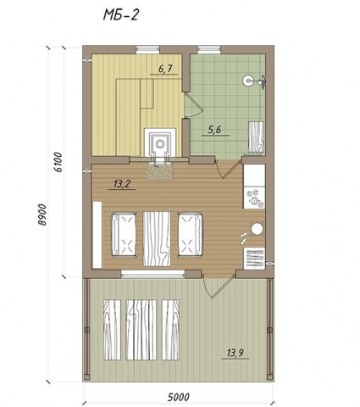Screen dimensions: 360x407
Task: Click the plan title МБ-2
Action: [x=120, y=14]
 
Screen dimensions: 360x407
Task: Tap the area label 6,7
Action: [x=165, y=69]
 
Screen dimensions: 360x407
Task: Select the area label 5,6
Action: [x=214, y=130]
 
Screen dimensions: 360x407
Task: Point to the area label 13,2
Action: [x=122, y=184]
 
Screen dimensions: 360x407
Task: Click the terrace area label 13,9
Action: [x=235, y=353]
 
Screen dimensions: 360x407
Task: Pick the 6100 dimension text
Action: [x=58, y=162]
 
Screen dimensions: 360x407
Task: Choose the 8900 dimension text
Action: [x=42, y=215]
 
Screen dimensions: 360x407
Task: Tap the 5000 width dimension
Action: [x=179, y=397]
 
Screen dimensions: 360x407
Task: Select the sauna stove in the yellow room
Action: [x=160, y=144]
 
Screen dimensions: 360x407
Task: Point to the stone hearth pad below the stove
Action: [x=159, y=172]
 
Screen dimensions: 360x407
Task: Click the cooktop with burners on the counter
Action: [x=254, y=198]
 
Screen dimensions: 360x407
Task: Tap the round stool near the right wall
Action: [x=257, y=229]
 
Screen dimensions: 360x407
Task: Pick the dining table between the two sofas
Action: [x=157, y=239]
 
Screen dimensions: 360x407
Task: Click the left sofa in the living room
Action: [x=125, y=235]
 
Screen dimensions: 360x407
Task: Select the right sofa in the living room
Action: [x=190, y=235]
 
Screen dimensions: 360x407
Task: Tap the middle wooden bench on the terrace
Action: [x=141, y=330]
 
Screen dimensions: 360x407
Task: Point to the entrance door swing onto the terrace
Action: [x=219, y=286]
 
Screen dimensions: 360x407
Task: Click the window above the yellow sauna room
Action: [x=147, y=49]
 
